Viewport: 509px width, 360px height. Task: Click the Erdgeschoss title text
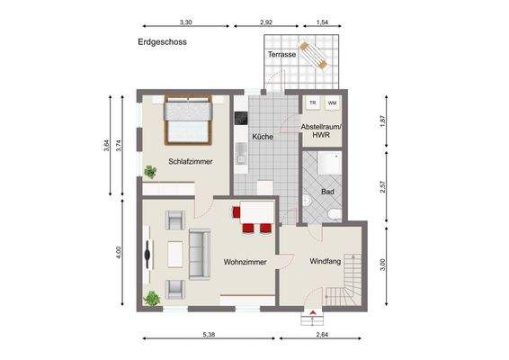point(163,41)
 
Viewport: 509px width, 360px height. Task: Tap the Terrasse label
point(281,56)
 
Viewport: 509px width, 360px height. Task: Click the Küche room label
point(263,137)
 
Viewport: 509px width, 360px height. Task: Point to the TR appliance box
point(312,103)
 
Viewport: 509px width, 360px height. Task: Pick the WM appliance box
point(332,103)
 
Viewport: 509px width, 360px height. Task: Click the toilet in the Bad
point(333,212)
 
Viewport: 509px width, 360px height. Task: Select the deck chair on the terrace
point(315,55)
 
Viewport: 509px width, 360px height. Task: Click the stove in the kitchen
point(240,118)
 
